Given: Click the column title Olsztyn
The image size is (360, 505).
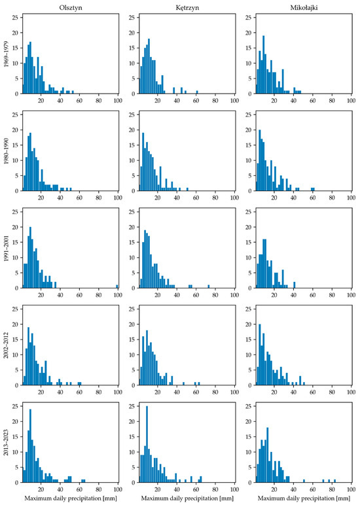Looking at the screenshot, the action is tap(71, 7).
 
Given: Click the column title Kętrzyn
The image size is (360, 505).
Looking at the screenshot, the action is tap(187, 8).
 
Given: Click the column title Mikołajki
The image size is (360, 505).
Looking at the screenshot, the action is tap(304, 8).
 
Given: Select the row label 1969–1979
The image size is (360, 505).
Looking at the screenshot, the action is tap(7, 54).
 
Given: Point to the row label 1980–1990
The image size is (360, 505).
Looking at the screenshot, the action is tap(7, 151).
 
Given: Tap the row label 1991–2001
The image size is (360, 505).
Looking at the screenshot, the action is tap(7, 249).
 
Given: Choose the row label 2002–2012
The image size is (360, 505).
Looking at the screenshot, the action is tap(7, 345).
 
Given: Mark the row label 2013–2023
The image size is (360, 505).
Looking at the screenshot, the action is tap(7, 442).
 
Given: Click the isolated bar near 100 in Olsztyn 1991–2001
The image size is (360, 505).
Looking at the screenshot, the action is tap(117, 287).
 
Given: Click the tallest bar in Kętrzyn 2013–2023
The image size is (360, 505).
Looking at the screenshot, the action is tap(147, 444).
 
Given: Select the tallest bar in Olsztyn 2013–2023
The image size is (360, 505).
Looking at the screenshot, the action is tap(30, 445).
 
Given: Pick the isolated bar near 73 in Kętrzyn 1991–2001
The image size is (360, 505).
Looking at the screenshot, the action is tap(209, 287).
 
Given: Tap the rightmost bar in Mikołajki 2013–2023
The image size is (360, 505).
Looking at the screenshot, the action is tap(335, 481).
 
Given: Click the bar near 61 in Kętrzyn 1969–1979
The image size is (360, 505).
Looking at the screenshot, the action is tap(197, 92).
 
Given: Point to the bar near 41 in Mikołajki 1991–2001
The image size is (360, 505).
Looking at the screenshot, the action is tap(295, 285).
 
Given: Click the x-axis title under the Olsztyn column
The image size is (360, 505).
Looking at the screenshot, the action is tap(71, 498).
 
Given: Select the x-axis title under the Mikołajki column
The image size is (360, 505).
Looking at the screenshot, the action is tap(304, 498).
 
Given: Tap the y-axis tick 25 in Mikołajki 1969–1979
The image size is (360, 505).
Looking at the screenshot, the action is tap(249, 18).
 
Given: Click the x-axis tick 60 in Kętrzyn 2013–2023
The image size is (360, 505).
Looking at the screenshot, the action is tap(196, 489).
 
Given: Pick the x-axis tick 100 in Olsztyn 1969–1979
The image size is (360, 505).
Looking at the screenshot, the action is tap(118, 101).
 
